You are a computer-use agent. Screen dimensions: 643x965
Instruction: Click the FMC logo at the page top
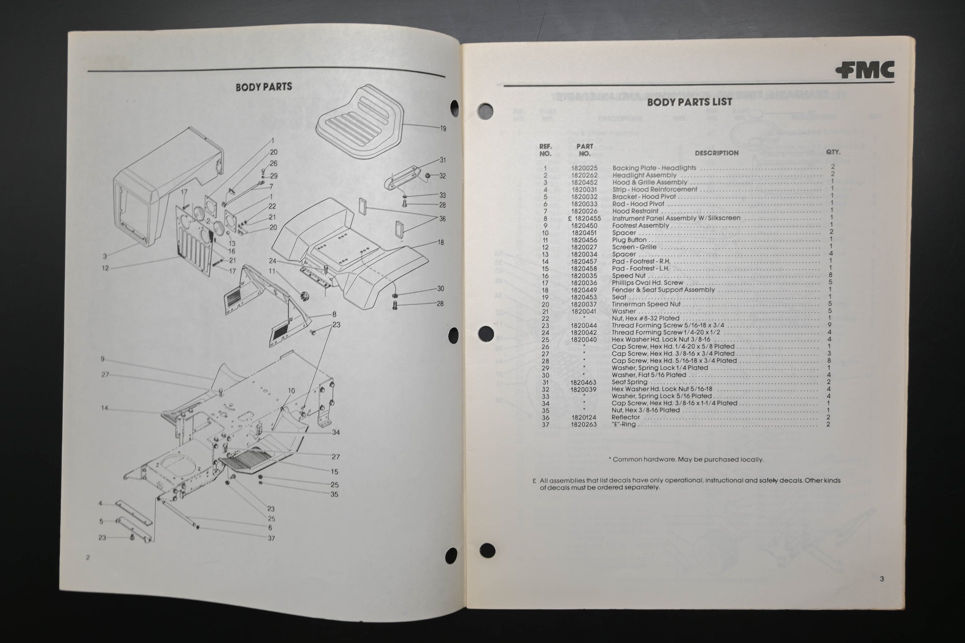(x=864, y=70)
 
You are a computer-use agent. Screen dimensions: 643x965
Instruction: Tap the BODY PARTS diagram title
(x=263, y=87)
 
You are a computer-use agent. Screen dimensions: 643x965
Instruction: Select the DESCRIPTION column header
(x=716, y=153)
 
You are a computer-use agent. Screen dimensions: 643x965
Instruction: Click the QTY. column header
(x=833, y=153)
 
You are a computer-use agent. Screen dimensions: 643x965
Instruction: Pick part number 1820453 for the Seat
(x=584, y=297)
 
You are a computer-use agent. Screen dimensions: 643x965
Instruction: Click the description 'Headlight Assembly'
(x=644, y=175)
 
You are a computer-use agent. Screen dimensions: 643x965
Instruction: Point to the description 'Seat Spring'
(x=629, y=382)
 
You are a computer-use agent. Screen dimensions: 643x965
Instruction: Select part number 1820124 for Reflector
(x=584, y=418)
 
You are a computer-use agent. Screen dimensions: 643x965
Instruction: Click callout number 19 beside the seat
(x=442, y=128)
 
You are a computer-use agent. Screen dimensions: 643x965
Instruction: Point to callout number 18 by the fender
(x=440, y=242)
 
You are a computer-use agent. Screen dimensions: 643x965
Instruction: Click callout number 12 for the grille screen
(x=105, y=268)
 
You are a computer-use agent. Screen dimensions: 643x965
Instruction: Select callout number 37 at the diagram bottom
(x=271, y=538)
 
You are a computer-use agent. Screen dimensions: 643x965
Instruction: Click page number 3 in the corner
(x=882, y=579)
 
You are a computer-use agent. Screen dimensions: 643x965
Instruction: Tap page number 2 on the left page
(x=88, y=557)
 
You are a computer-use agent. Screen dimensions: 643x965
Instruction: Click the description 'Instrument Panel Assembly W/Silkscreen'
(x=676, y=218)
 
